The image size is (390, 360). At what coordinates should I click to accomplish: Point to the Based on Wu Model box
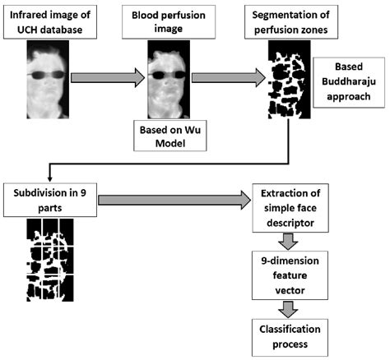pyautogui.click(x=173, y=135)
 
